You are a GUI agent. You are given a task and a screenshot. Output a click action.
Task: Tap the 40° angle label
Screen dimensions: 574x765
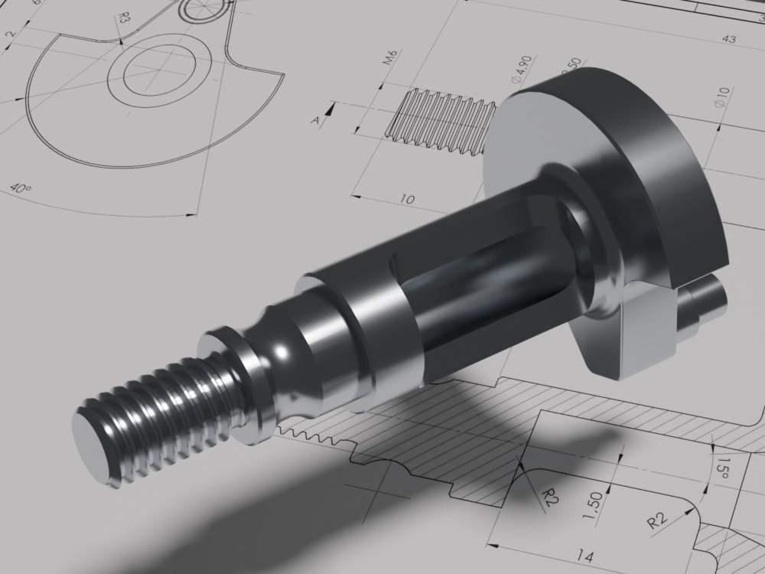coord(22,188)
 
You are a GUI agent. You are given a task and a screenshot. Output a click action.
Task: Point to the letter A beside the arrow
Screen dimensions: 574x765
coord(314,119)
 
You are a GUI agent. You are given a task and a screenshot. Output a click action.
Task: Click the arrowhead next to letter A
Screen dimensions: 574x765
coord(330,110)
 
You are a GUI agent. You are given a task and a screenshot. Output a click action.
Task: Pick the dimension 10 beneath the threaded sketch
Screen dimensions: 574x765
coord(407,199)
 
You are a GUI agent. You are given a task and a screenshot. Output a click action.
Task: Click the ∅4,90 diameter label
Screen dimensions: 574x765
coord(521,69)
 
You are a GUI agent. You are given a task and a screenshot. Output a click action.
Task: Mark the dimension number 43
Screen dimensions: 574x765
coord(728,39)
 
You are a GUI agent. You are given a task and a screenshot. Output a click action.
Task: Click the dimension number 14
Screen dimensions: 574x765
coord(585,556)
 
